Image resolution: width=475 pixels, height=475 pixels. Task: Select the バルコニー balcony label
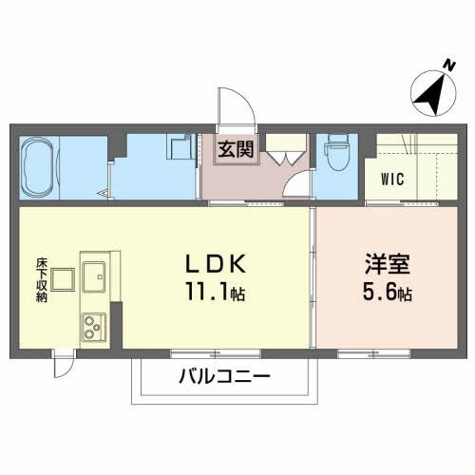coord(224,376)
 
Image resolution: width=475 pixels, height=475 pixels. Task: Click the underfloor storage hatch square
coord(64,279)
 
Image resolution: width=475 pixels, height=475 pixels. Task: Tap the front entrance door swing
coord(237,109)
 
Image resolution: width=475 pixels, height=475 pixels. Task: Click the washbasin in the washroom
coord(180,150)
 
